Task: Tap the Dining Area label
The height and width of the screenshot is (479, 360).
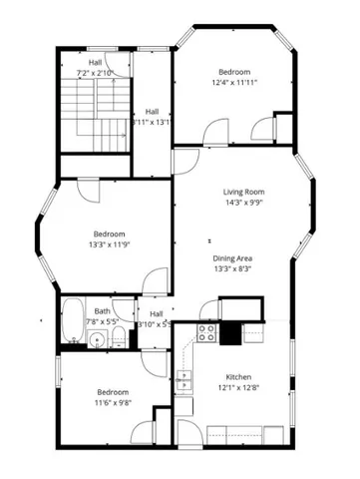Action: [232, 258]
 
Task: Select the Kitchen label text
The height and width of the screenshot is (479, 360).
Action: [238, 377]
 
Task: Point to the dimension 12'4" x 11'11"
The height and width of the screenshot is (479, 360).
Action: [234, 84]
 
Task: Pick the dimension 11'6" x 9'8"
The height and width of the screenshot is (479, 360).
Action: [113, 404]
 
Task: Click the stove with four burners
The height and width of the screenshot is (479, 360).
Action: [207, 333]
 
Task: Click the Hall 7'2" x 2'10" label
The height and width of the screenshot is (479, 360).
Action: [96, 68]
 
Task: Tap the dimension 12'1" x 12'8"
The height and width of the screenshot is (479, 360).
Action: [238, 389]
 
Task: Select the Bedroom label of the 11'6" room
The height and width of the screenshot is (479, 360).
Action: [113, 392]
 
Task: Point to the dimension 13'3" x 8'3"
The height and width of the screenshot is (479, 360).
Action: [232, 269]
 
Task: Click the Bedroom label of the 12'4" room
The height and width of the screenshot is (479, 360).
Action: [234, 72]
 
